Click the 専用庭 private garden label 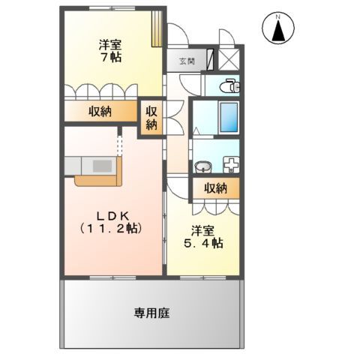click(x=151, y=313)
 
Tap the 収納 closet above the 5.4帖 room click(x=215, y=188)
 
